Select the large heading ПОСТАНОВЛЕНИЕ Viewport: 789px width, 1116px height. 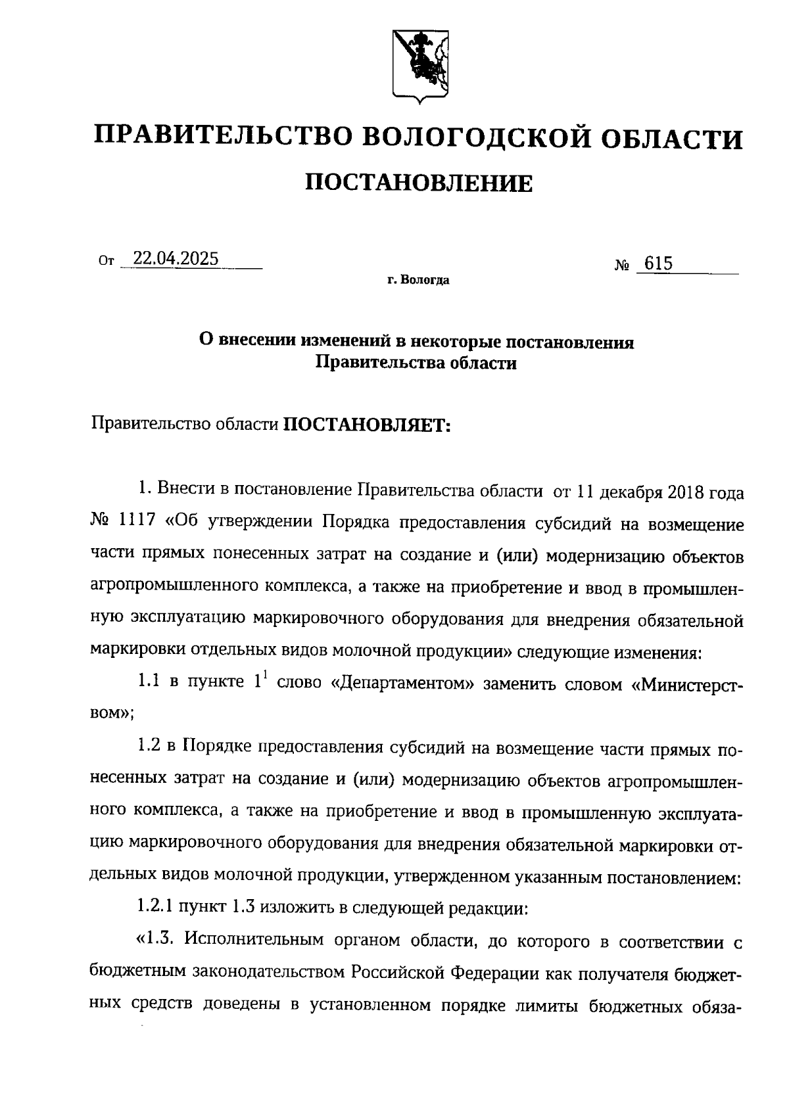pos(419,183)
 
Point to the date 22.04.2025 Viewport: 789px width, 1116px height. pos(176,258)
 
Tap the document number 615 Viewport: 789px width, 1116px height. pos(658,264)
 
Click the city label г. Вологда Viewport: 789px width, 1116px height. pos(418,281)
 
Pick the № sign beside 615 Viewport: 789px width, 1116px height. pos(623,266)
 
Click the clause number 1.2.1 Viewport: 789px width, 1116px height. pos(156,908)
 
